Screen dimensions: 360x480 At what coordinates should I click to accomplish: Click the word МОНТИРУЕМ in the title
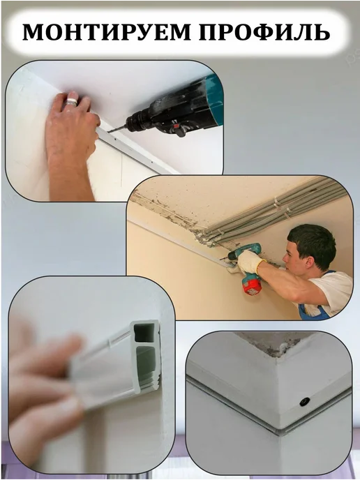pyautogui.click(x=107, y=32)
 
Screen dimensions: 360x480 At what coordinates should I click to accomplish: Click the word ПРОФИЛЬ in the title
pyautogui.click(x=264, y=32)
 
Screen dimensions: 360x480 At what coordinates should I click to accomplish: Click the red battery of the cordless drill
pyautogui.click(x=251, y=285)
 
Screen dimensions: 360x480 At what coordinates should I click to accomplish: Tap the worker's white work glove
pyautogui.click(x=250, y=262)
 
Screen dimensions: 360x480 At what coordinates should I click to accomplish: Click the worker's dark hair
pyautogui.click(x=312, y=242)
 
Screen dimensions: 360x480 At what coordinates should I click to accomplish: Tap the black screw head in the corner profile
pyautogui.click(x=304, y=400)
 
